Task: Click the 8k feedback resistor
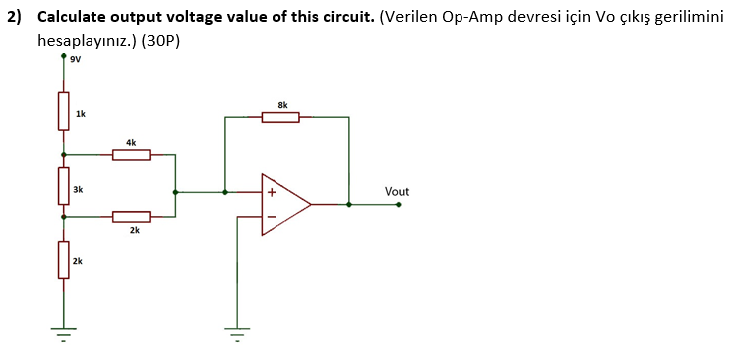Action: pyautogui.click(x=280, y=118)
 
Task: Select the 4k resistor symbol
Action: pyautogui.click(x=131, y=154)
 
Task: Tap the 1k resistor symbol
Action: pyautogui.click(x=63, y=110)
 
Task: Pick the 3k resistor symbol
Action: pyautogui.click(x=63, y=185)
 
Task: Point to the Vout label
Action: pyautogui.click(x=396, y=191)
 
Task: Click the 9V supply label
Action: pyautogui.click(x=75, y=58)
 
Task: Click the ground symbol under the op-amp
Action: pyautogui.click(x=237, y=330)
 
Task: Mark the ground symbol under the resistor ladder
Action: pyautogui.click(x=63, y=330)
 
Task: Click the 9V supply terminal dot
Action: pyautogui.click(x=63, y=56)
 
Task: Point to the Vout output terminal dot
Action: pyautogui.click(x=399, y=204)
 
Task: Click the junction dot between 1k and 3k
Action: pyautogui.click(x=63, y=154)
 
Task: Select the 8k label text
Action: pyautogui.click(x=282, y=104)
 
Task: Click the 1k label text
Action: pyautogui.click(x=80, y=115)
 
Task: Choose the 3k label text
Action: pyautogui.click(x=79, y=188)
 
